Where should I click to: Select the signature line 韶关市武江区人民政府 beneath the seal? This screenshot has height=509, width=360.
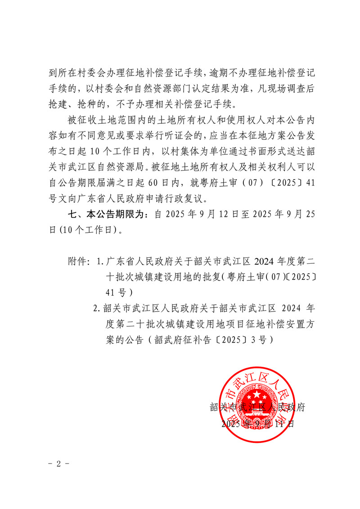coord(258,408)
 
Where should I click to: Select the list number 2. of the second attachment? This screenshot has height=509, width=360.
coord(96,309)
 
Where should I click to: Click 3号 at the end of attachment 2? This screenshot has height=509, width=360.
coord(263,340)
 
